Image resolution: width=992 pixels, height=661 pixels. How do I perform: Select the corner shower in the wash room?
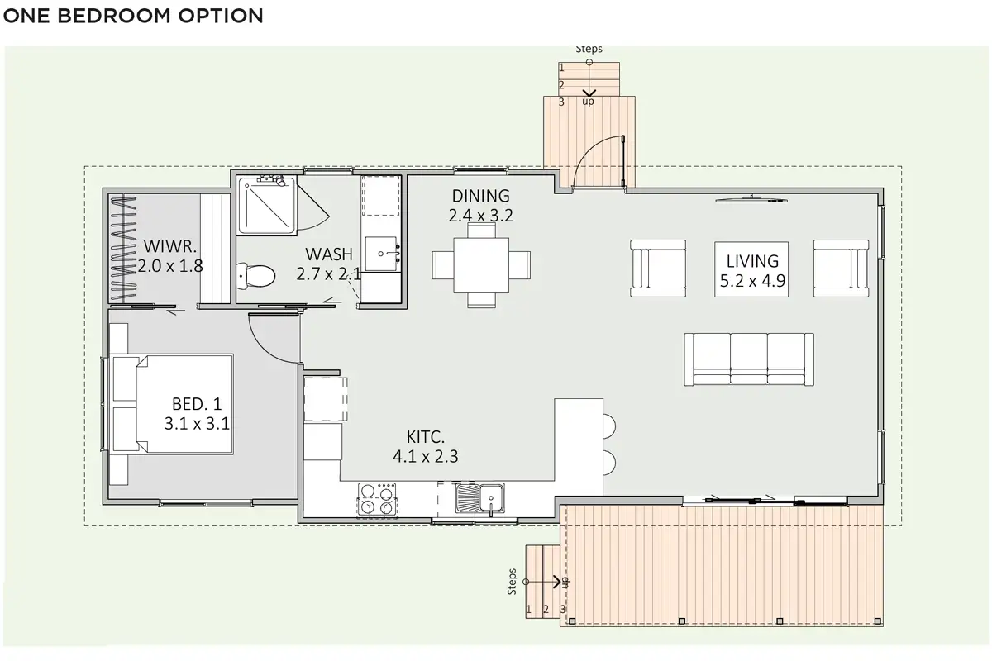[266, 205]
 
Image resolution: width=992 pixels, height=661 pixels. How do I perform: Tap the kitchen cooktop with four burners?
[377, 499]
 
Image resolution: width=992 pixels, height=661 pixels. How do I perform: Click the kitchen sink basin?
[480, 498]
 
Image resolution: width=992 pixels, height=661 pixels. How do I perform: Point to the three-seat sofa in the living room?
[749, 359]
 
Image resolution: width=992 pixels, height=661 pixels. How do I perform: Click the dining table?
[481, 265]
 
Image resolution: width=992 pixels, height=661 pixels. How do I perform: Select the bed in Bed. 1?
[172, 404]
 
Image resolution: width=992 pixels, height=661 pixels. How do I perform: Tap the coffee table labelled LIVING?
[751, 269]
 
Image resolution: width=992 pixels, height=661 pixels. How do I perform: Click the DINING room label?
[481, 196]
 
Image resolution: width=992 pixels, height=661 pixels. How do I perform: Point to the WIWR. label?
[170, 246]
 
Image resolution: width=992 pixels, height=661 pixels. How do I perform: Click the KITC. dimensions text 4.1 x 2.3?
[426, 456]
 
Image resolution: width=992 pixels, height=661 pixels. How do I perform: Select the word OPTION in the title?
[221, 16]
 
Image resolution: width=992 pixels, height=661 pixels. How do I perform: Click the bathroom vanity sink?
[381, 254]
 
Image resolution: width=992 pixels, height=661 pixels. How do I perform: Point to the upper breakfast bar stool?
[609, 426]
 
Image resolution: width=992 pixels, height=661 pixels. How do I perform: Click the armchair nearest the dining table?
[658, 269]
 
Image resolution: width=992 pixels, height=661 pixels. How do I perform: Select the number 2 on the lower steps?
[546, 610]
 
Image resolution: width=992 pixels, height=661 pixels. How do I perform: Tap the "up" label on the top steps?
[588, 102]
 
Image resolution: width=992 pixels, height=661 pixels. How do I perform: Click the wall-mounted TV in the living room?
[751, 200]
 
